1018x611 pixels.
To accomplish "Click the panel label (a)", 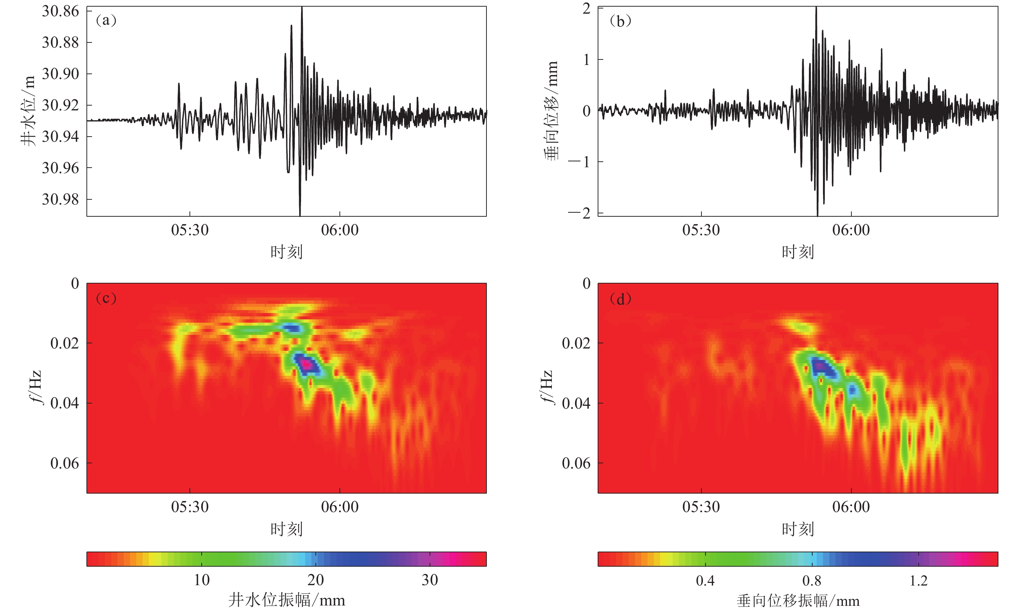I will (x=106, y=20).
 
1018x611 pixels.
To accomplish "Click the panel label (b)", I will (x=620, y=21).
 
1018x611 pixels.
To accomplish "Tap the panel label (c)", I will (x=106, y=298).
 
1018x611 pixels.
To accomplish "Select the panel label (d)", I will (x=620, y=299).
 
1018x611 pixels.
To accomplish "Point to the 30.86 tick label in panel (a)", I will (x=60, y=11).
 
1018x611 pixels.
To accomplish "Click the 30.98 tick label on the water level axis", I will (x=60, y=199).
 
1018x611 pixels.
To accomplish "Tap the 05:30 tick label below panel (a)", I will (x=190, y=230).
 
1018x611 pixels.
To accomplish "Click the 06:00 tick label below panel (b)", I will (x=851, y=230).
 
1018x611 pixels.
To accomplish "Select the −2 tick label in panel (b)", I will (x=580, y=213).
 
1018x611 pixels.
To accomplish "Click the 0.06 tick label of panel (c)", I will (x=64, y=463).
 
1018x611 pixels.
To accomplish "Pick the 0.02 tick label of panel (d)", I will (x=576, y=343).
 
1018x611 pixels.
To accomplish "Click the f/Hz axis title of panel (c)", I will (x=37, y=387).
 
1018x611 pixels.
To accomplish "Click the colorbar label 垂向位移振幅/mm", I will (x=798, y=601).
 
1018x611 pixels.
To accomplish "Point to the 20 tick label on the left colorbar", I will (x=315, y=580).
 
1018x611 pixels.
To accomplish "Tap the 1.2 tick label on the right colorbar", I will (x=918, y=580).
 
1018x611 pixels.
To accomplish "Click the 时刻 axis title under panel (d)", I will (x=798, y=529).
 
